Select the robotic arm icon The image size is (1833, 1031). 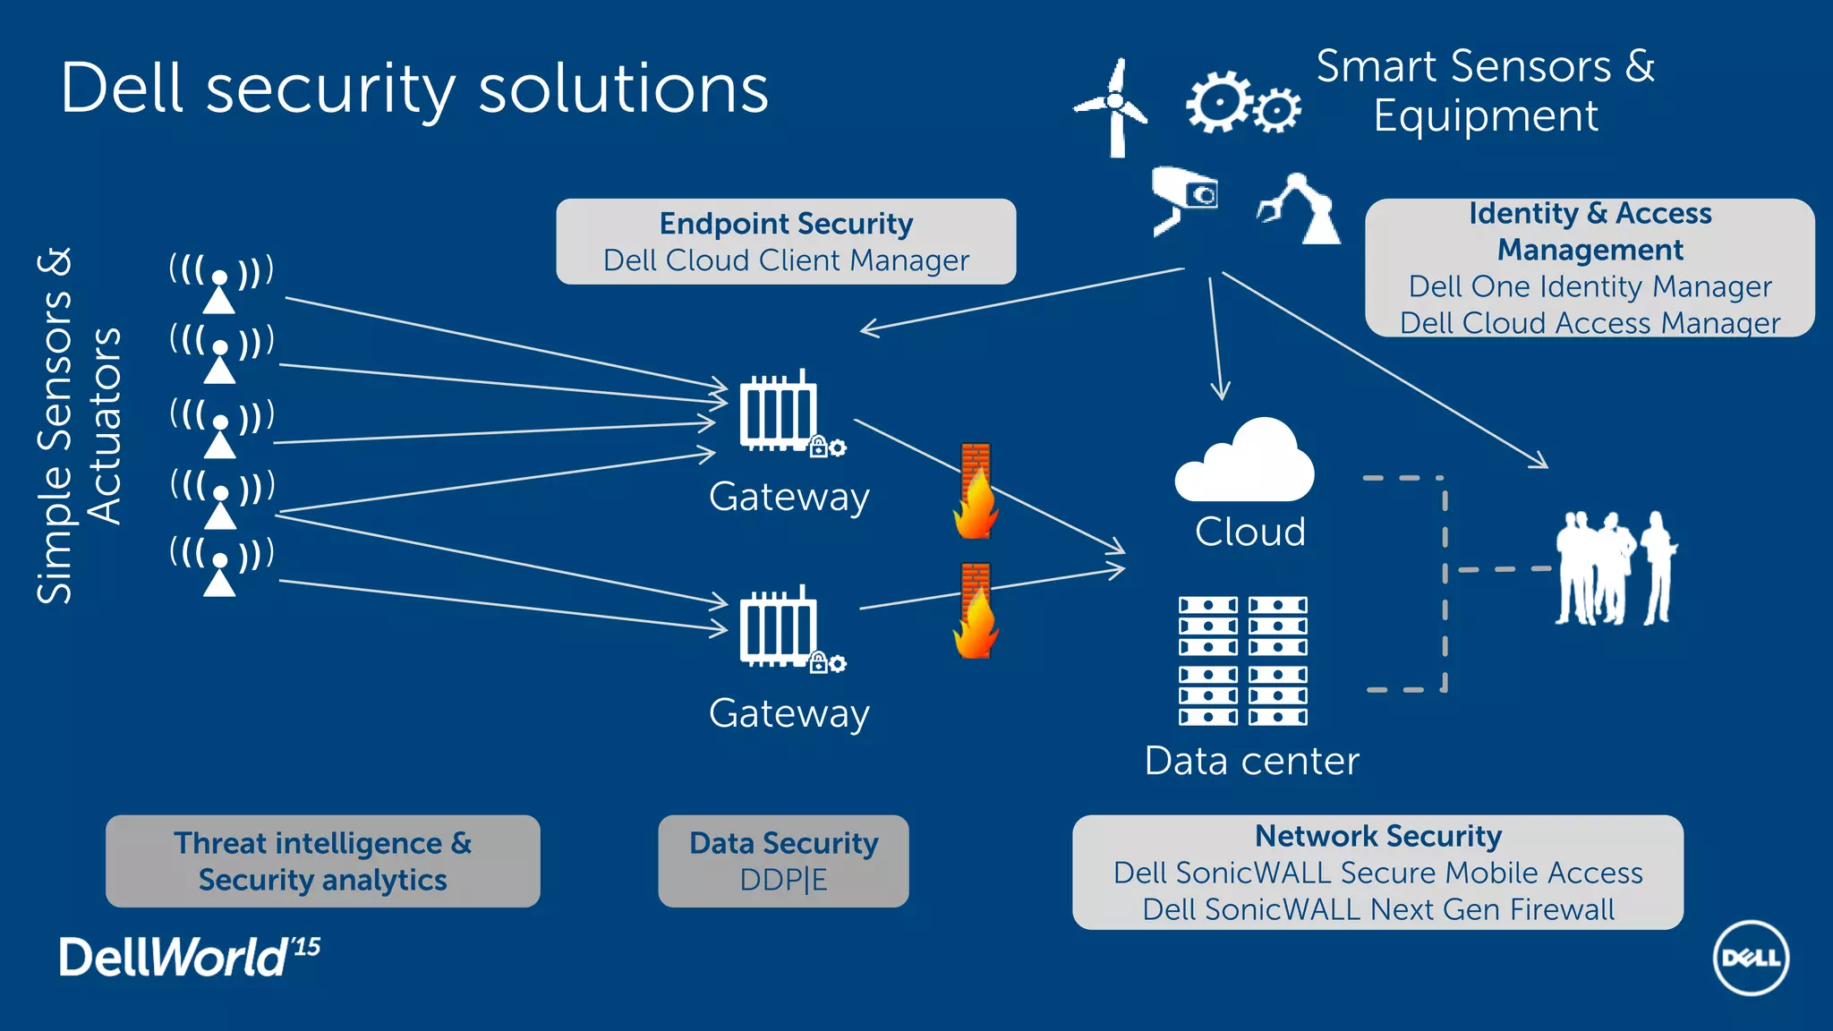click(x=1302, y=209)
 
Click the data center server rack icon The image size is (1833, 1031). click(x=1242, y=660)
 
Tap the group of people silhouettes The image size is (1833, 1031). click(x=1615, y=569)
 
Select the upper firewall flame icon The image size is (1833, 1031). click(x=976, y=493)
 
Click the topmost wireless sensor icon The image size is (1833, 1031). click(x=220, y=282)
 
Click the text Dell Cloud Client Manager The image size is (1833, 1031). click(x=786, y=260)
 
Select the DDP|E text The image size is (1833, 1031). click(x=783, y=881)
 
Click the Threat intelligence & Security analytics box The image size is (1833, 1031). click(x=322, y=861)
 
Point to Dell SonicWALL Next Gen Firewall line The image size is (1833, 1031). click(x=1378, y=909)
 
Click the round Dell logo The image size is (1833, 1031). click(x=1751, y=958)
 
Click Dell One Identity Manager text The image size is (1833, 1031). click(x=1590, y=286)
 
